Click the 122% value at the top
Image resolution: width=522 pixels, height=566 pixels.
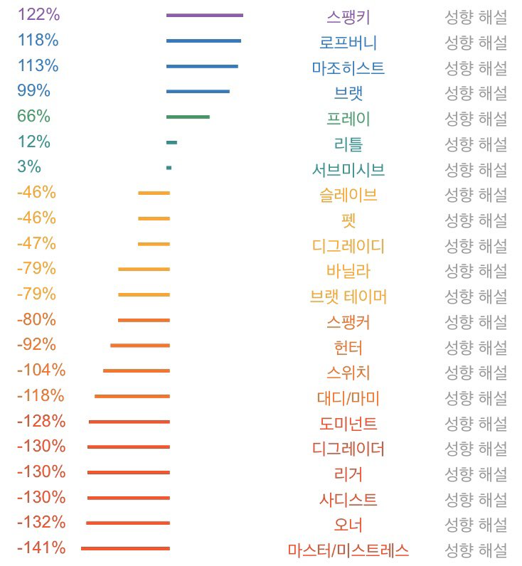pos(38,14)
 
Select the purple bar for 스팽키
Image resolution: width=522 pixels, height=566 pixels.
pos(205,15)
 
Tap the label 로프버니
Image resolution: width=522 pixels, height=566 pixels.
pos(348,42)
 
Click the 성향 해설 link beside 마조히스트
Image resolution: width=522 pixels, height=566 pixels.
pos(476,68)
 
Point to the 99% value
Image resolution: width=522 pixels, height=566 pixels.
pos(34,90)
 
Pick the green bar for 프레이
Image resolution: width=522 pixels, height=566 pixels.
pos(188,117)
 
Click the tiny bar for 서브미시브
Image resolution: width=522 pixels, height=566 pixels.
pos(169,168)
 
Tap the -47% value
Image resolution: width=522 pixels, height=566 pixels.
pos(36,243)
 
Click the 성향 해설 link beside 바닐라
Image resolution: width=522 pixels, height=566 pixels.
pos(476,271)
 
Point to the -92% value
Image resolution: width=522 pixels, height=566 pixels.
pos(36,345)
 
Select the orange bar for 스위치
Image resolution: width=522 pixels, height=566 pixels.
pos(137,370)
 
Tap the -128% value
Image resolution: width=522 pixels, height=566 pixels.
pos(41,421)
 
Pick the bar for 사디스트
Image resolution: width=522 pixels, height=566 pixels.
pos(129,498)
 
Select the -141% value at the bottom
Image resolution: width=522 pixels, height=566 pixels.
pos(41,548)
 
